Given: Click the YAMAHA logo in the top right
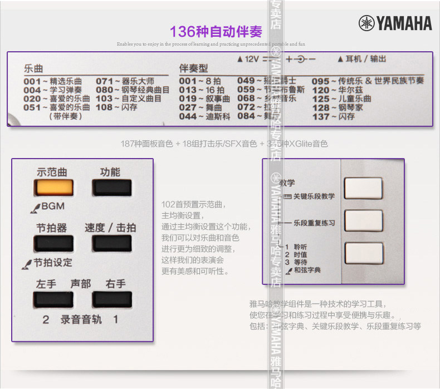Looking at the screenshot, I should click(x=395, y=23).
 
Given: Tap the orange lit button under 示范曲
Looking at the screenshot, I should click(x=49, y=188).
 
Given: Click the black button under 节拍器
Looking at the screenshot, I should click(x=49, y=243).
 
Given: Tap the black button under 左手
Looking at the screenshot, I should click(x=49, y=299).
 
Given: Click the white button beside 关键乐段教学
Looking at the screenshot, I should click(x=363, y=188).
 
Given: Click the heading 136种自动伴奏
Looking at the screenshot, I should click(x=216, y=31).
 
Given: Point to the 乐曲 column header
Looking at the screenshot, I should click(x=33, y=69).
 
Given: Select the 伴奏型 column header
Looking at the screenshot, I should click(x=193, y=68).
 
